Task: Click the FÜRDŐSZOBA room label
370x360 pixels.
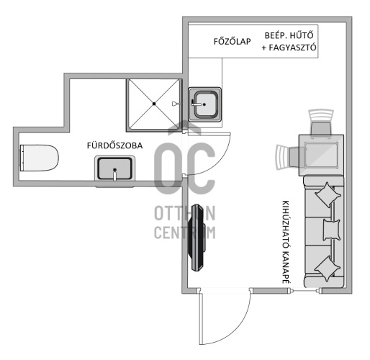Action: tap(114, 145)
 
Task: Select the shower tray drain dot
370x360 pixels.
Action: tap(153, 104)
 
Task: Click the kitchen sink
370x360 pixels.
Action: tap(205, 105)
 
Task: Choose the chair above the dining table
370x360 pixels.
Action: tap(320, 123)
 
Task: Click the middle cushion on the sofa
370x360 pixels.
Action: tap(330, 230)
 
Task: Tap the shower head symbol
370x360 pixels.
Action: tap(176, 104)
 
